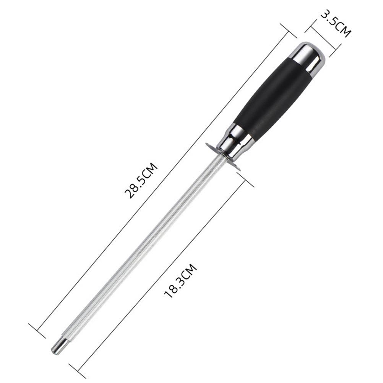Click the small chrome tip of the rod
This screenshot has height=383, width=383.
tap(57, 346)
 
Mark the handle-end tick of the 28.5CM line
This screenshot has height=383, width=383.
tap(289, 31)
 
